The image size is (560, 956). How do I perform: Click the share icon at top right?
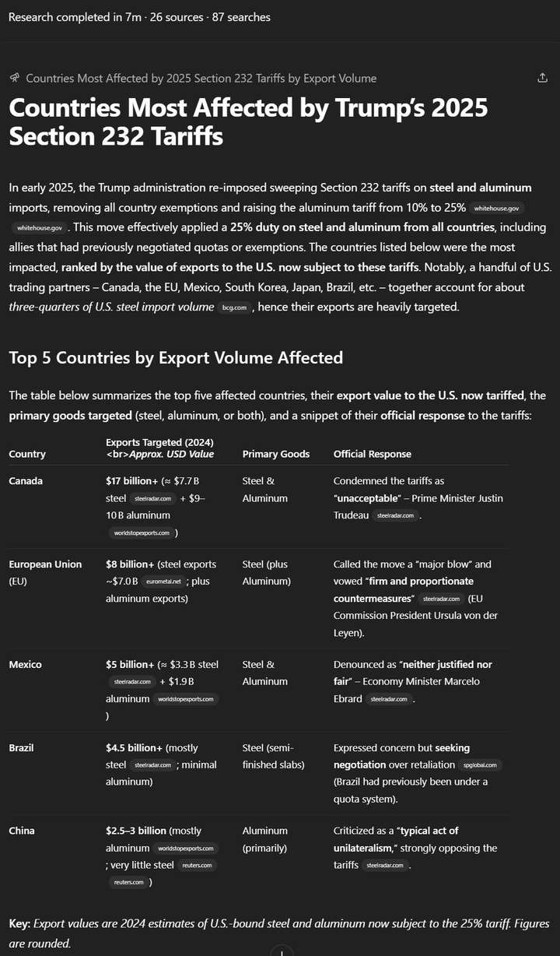point(542,78)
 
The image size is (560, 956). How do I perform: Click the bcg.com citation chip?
point(234,308)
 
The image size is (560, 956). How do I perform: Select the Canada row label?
point(26,481)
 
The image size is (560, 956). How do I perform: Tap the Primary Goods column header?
point(275,454)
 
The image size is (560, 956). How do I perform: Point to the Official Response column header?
point(373,454)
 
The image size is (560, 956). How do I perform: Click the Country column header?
point(27,454)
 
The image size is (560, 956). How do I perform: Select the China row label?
point(22,831)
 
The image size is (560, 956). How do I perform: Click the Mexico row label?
point(25,665)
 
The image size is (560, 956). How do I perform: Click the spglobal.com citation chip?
point(482,765)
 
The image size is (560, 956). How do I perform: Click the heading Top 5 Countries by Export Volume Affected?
point(176,357)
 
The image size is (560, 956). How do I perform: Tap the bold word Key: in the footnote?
point(20,923)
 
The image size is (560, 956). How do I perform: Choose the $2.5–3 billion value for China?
point(135,831)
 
